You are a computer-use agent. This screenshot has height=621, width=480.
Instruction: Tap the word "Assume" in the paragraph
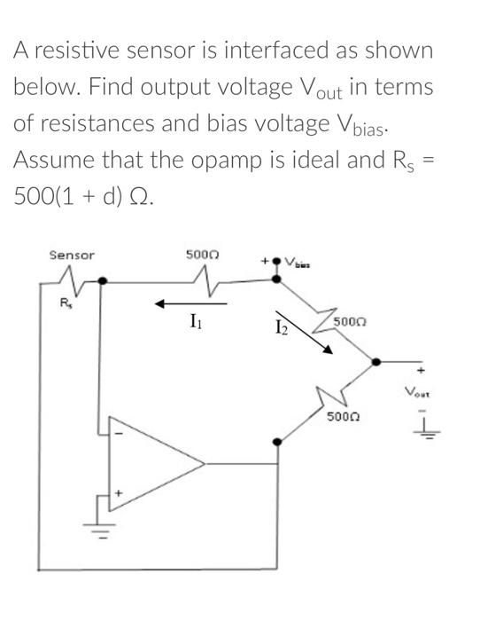tap(56, 161)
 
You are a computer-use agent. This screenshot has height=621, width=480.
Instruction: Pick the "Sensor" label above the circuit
tap(71, 255)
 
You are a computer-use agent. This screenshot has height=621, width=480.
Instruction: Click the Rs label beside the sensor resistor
tap(63, 303)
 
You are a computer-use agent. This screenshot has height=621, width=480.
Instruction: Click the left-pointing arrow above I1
tap(191, 304)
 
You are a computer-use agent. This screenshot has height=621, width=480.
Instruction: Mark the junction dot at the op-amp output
tap(278, 440)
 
